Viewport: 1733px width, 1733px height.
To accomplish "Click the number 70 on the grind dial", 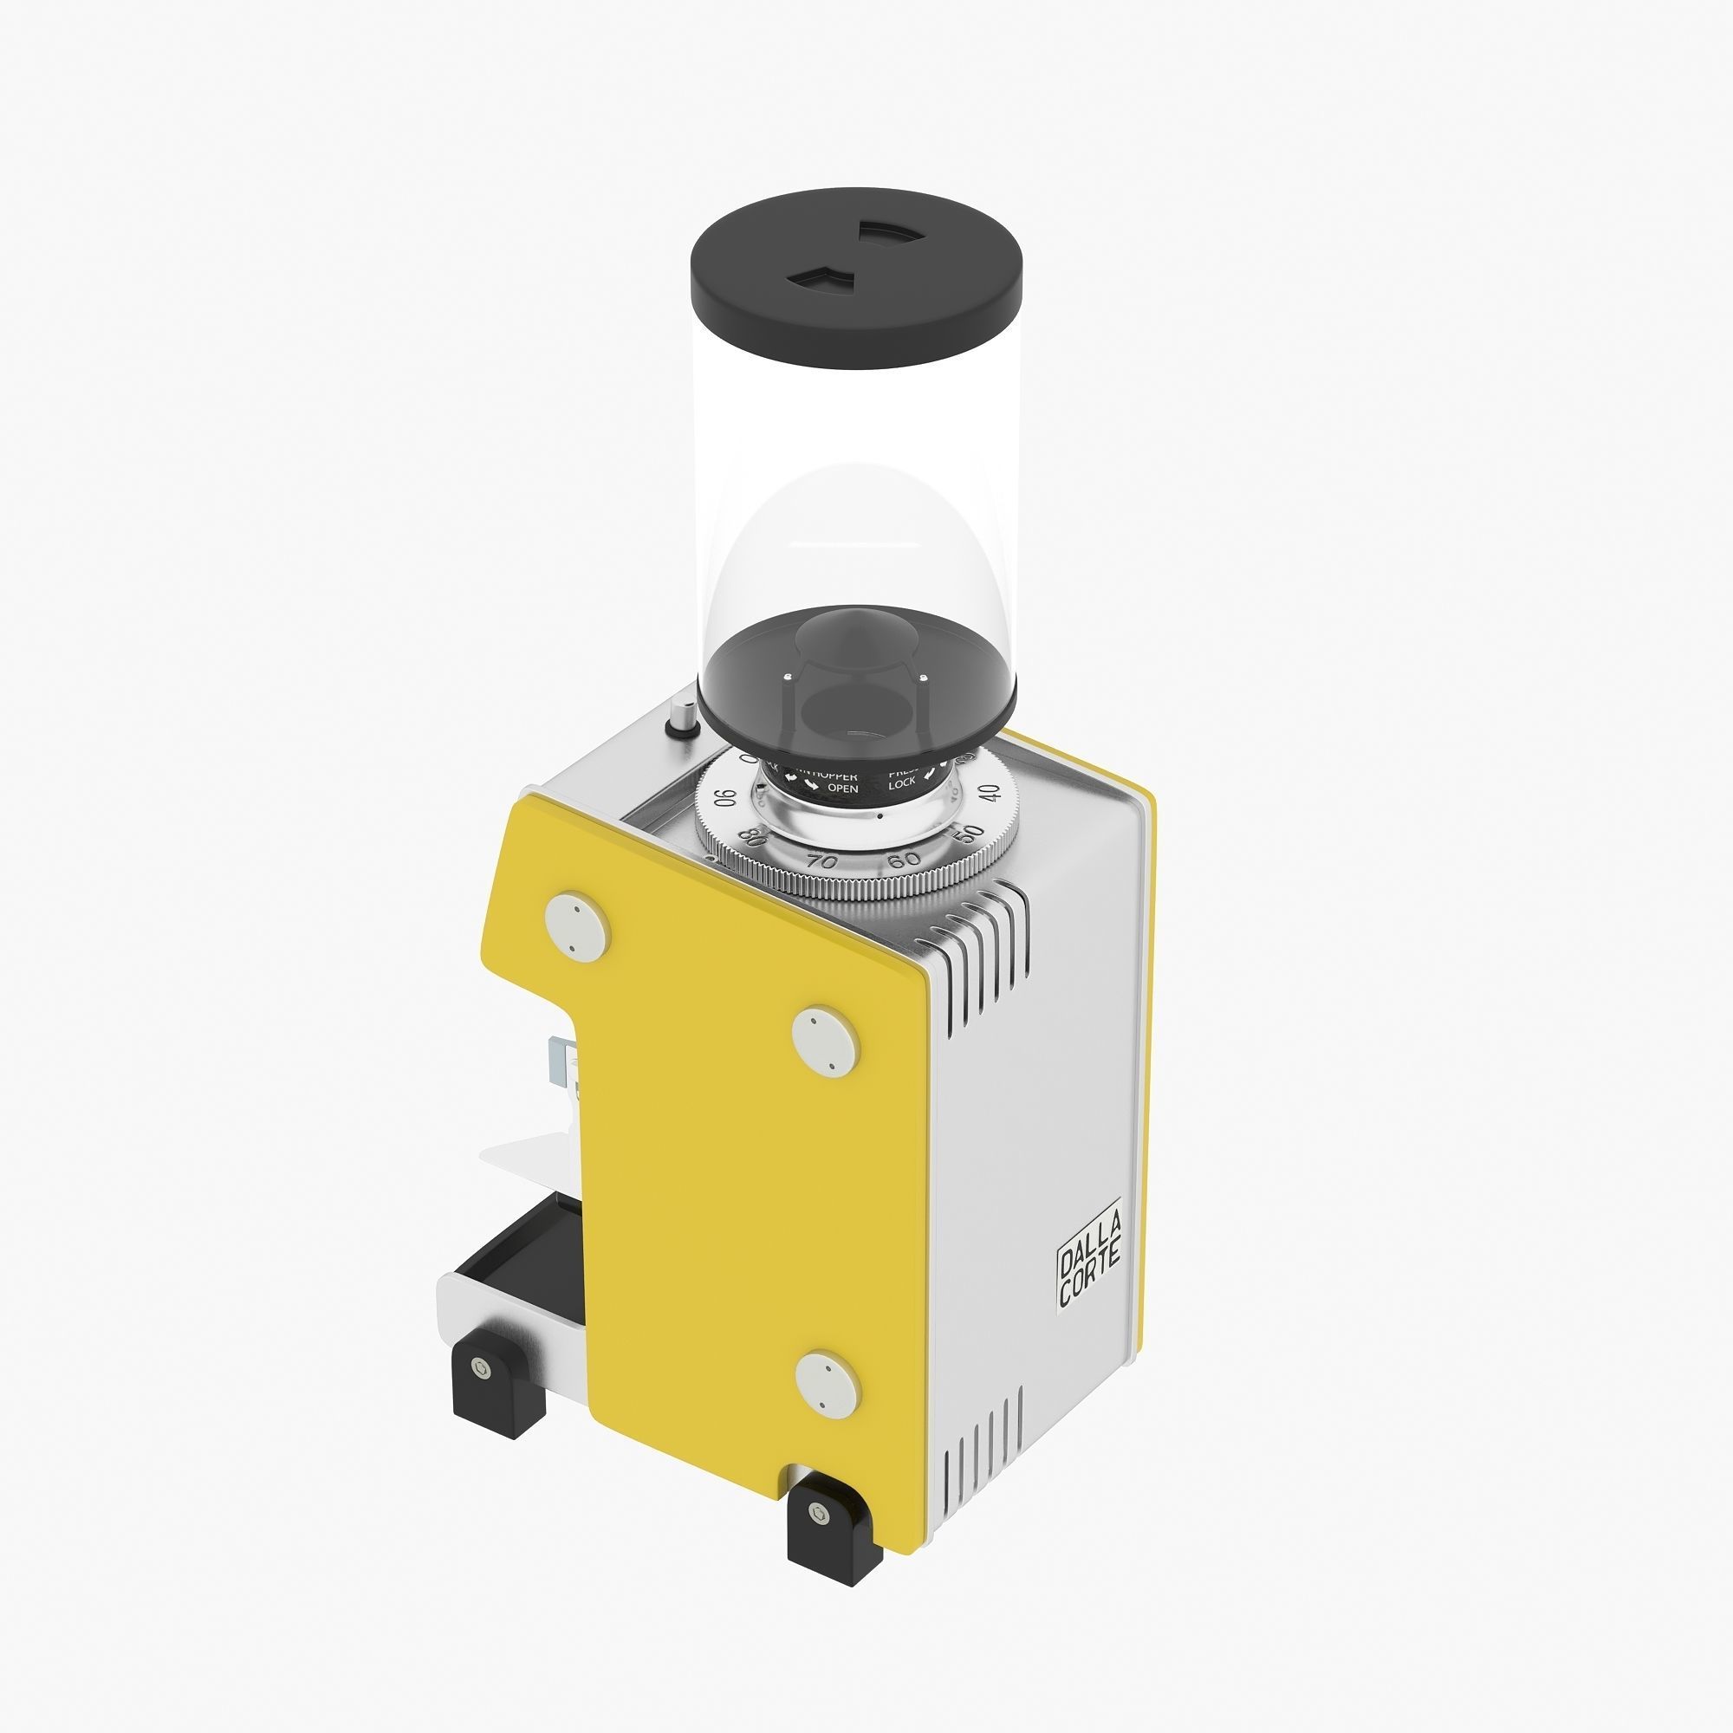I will pyautogui.click(x=821, y=861).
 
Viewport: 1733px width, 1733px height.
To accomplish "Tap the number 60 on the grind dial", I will pyautogui.click(x=903, y=860).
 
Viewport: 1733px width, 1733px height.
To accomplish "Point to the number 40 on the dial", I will pyautogui.click(x=989, y=793).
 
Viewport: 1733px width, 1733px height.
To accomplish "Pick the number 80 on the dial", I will pyautogui.click(x=755, y=838).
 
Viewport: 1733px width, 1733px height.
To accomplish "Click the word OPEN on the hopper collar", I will pyautogui.click(x=842, y=789).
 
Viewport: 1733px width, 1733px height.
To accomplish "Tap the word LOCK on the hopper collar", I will pyautogui.click(x=901, y=784).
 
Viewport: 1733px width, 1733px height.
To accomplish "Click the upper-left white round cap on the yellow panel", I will pyautogui.click(x=578, y=923).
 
